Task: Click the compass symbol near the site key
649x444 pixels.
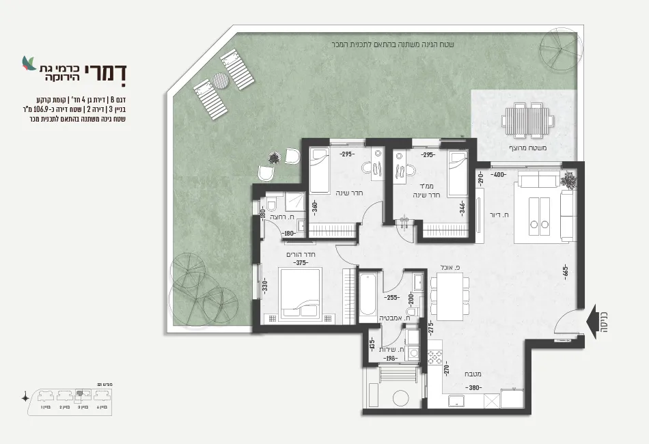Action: [25, 396]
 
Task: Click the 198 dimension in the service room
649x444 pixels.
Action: [391, 357]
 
